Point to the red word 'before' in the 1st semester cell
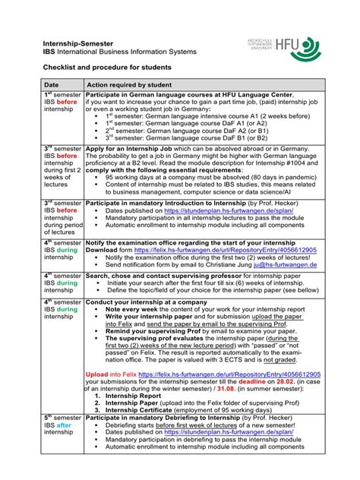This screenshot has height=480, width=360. (x=67, y=102)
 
